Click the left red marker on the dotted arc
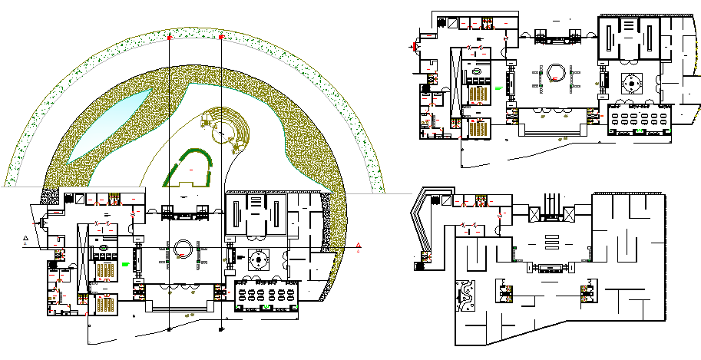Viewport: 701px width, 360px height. pyautogui.click(x=170, y=37)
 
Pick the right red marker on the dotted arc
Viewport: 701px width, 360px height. pyautogui.click(x=222, y=36)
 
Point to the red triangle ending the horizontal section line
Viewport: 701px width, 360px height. pyautogui.click(x=359, y=246)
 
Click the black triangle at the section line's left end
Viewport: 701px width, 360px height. pyautogui.click(x=25, y=240)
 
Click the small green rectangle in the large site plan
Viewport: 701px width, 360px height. pyautogui.click(x=124, y=265)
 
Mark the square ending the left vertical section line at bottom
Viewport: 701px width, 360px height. pyautogui.click(x=169, y=329)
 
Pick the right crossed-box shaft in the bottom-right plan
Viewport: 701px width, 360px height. pyautogui.click(x=570, y=213)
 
